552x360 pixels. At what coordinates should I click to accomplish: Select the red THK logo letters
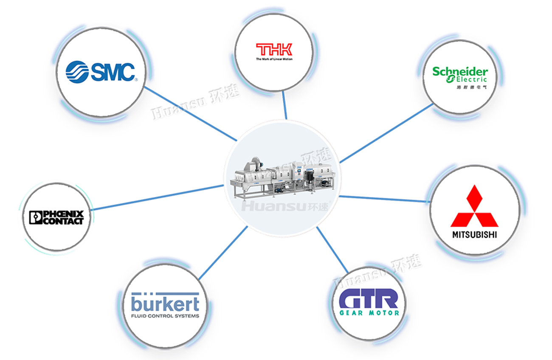(274, 50)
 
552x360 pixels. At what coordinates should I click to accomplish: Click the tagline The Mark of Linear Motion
(274, 59)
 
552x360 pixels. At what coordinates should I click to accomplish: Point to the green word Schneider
(460, 71)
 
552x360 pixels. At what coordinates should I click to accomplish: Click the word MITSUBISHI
(474, 235)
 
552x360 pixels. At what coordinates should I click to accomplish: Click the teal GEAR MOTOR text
(369, 313)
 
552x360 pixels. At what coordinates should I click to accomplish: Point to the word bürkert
(165, 304)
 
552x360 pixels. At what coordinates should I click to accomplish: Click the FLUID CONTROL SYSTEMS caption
(165, 316)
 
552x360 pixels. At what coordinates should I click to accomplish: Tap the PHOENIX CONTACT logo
(56, 217)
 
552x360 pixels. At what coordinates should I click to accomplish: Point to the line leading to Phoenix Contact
(157, 197)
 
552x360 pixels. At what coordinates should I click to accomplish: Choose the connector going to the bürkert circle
(223, 253)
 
